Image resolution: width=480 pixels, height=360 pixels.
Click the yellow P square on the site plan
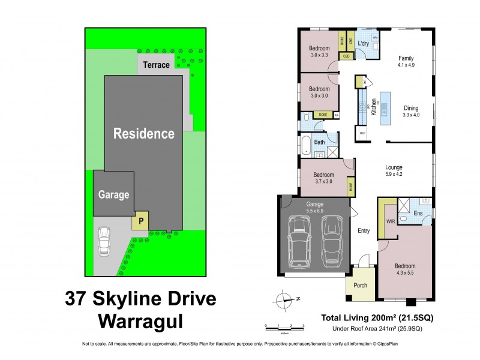(141, 220)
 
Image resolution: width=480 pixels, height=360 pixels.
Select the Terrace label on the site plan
(156, 64)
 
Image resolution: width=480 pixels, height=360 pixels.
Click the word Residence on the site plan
(144, 133)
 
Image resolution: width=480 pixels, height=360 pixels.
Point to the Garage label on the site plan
(113, 195)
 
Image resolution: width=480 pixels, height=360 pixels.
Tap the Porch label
(360, 285)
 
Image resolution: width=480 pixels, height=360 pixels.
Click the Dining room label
(410, 108)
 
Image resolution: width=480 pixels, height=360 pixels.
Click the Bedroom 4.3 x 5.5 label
(404, 269)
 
